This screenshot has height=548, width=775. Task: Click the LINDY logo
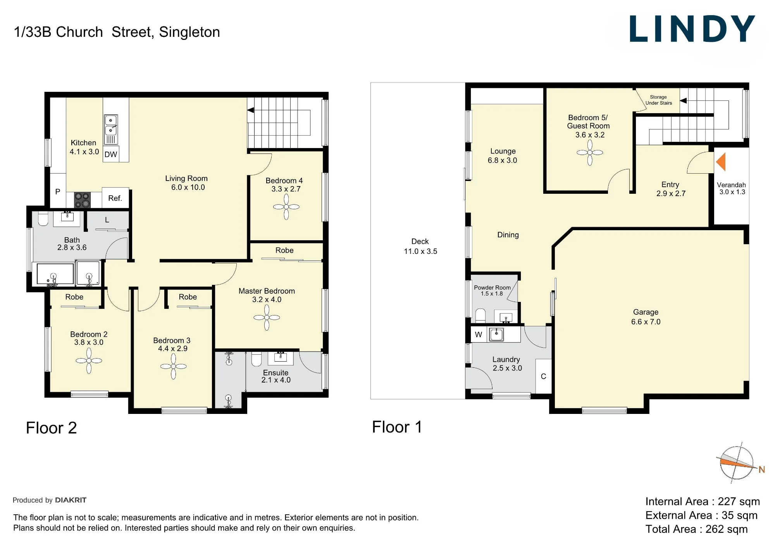click(x=692, y=29)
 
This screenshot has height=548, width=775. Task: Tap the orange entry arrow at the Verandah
click(x=721, y=162)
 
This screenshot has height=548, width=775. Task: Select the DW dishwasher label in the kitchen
click(x=111, y=154)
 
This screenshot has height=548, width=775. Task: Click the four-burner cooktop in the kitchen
click(x=82, y=200)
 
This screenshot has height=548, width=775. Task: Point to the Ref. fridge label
click(x=115, y=198)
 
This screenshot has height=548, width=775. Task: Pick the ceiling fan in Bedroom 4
click(x=286, y=207)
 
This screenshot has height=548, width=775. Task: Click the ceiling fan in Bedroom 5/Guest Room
click(x=590, y=153)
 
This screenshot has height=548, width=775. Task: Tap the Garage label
click(x=646, y=312)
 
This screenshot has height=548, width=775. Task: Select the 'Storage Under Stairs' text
click(x=659, y=100)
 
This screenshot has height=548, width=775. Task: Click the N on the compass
click(x=762, y=470)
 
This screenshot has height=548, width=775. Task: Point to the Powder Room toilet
click(x=480, y=316)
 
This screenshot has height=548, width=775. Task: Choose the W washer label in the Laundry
click(x=479, y=334)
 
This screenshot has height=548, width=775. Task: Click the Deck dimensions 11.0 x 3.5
click(x=420, y=251)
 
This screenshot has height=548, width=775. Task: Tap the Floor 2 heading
click(x=52, y=428)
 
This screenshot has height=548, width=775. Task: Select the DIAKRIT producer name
click(x=71, y=500)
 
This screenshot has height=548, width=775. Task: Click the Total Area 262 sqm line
click(x=697, y=529)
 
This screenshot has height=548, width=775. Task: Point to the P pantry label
click(x=58, y=191)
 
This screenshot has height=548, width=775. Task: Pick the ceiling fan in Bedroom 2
click(x=89, y=360)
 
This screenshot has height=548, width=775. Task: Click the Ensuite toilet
click(x=257, y=359)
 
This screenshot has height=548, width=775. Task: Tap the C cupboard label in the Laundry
click(x=543, y=376)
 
